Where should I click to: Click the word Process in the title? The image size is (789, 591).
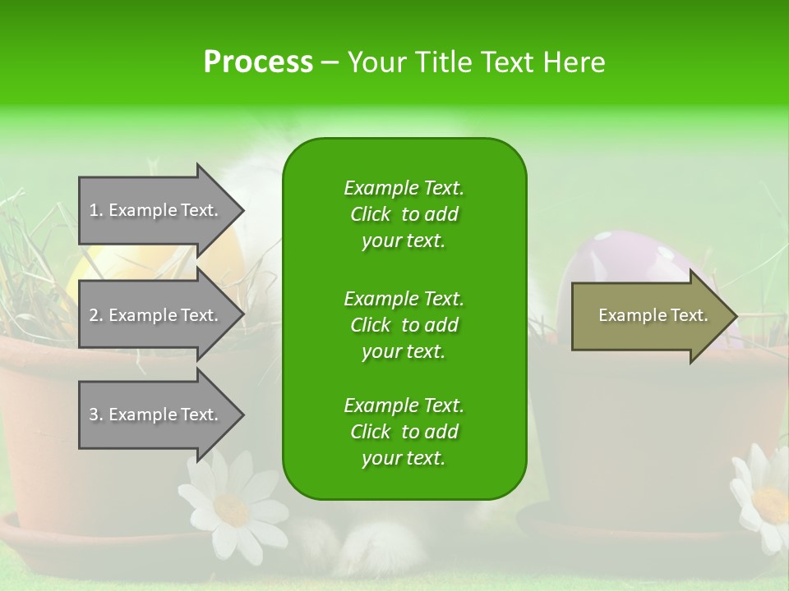[x=257, y=62]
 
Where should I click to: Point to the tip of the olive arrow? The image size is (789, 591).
[x=736, y=316]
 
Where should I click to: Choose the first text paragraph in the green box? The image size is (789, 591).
[x=404, y=214]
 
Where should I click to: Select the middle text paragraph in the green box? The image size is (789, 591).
[x=404, y=324]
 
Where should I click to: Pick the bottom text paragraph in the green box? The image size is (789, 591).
[x=404, y=432]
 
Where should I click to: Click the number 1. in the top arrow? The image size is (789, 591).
[x=96, y=210]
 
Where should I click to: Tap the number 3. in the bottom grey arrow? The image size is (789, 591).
[x=96, y=415]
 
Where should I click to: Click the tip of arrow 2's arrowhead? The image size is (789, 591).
[x=243, y=316]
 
